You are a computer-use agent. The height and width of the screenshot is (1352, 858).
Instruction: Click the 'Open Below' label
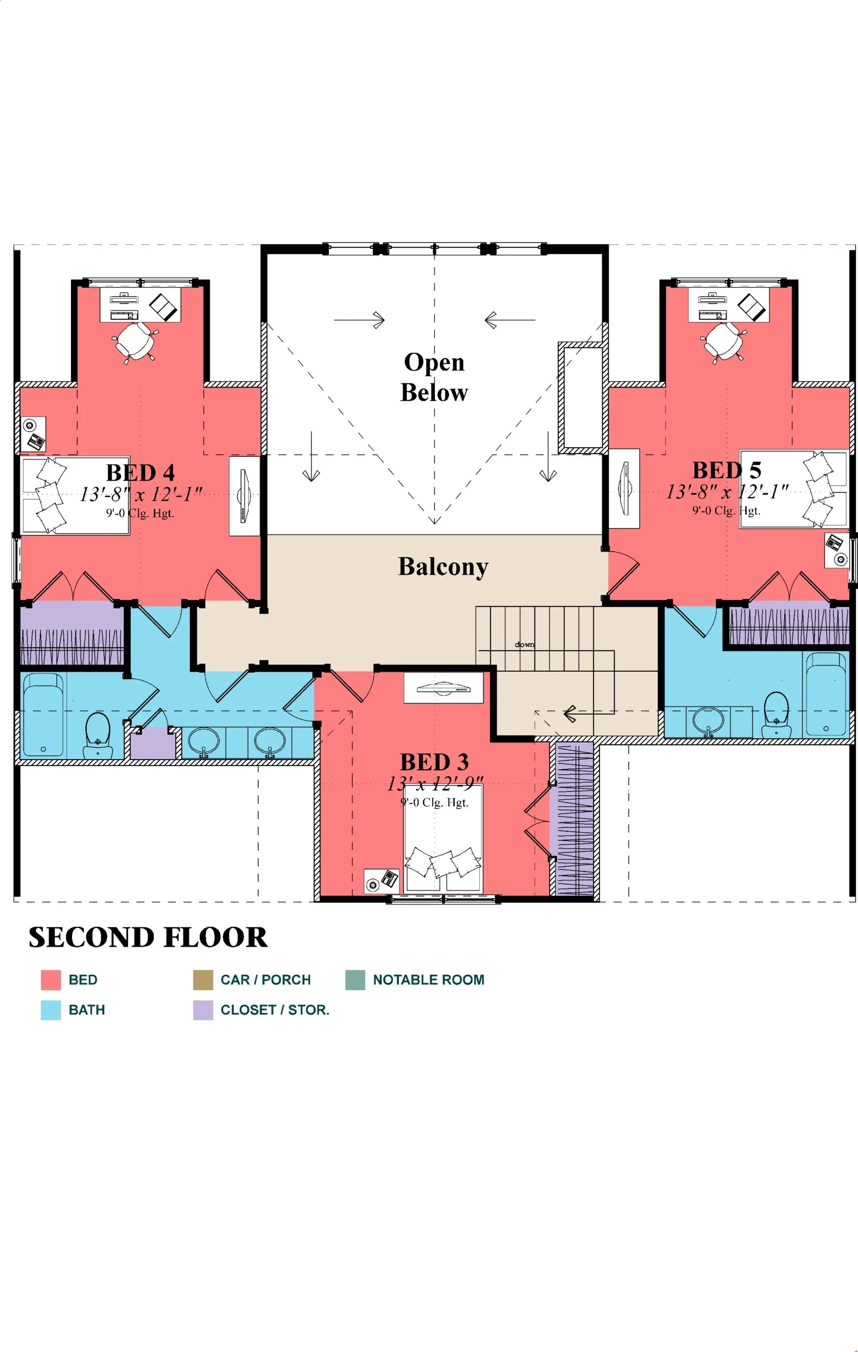pos(433,377)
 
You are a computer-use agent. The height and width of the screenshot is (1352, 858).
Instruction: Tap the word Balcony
pos(443,567)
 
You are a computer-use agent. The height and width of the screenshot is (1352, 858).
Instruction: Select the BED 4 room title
pos(140,473)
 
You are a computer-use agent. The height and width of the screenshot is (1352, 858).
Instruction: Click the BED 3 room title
pos(434,762)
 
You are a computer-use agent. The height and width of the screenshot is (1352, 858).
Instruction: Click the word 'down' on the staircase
pos(524,644)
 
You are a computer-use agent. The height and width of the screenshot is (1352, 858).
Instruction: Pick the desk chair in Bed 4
pos(135,341)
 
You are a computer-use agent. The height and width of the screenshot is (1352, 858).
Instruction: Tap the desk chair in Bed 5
pos(724,341)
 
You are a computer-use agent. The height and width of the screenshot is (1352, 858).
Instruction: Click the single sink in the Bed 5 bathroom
pos(708,720)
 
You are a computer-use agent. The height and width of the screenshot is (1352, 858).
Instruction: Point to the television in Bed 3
pos(443,688)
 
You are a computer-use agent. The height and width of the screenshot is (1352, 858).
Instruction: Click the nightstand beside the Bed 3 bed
pos(381,880)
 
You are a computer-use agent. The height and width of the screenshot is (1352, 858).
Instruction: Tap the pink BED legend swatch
pos(50,980)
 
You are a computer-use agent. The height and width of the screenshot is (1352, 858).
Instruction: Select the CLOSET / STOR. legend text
pos(275,1009)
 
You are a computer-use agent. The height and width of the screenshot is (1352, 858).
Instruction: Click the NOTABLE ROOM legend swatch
pos(355,980)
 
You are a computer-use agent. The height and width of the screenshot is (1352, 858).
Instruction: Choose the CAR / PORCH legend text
pos(265,980)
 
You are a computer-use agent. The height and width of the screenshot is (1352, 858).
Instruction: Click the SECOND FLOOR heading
pos(147,937)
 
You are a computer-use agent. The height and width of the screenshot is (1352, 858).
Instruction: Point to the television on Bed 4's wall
pos(243,496)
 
